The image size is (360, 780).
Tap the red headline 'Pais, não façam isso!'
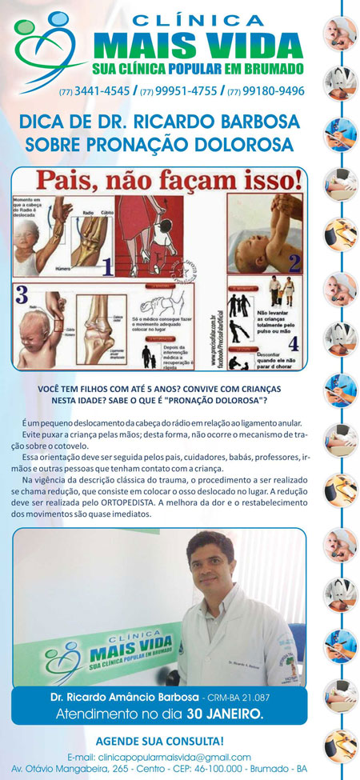(x=158, y=178)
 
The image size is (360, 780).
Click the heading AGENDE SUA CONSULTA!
(x=159, y=742)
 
